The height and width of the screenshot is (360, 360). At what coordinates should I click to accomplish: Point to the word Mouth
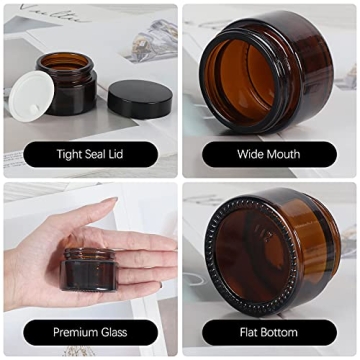(285, 155)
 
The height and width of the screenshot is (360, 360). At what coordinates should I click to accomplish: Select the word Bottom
(283, 330)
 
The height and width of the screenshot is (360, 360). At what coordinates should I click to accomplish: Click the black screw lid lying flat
(146, 98)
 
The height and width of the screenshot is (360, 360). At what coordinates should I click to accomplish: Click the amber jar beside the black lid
(77, 92)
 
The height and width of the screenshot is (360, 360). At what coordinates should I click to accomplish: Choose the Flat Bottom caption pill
(268, 330)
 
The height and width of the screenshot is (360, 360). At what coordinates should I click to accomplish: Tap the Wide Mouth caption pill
(268, 155)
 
